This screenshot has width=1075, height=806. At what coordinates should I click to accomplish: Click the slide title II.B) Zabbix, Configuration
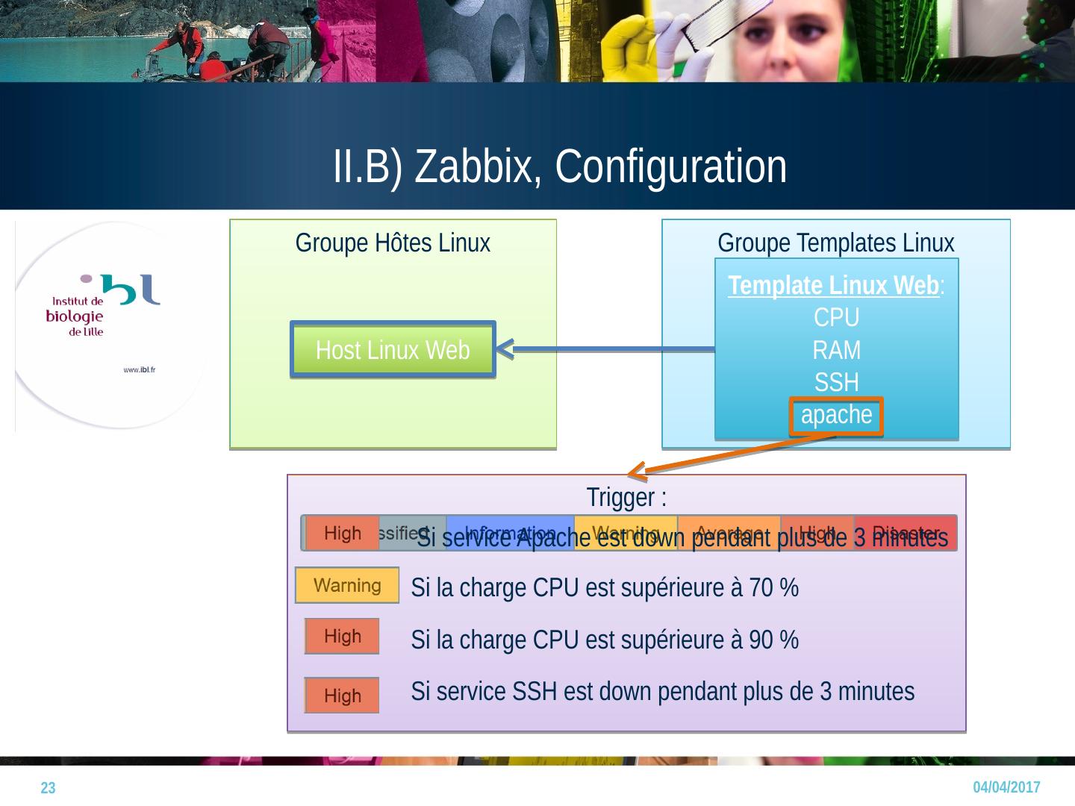(559, 166)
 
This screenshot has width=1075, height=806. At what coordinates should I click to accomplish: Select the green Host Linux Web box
(393, 349)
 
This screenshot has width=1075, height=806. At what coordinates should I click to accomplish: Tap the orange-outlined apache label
(836, 415)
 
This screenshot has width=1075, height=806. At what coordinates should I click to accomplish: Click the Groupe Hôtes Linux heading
(393, 243)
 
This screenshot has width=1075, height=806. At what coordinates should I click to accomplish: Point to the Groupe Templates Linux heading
(835, 243)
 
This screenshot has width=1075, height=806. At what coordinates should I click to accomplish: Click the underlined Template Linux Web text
(833, 286)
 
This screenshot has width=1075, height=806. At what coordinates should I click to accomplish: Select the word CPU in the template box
(836, 318)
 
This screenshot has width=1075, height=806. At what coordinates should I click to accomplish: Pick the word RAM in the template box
(836, 350)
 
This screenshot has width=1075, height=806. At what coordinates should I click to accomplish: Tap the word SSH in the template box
(836, 382)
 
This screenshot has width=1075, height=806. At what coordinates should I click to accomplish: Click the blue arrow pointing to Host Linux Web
(605, 349)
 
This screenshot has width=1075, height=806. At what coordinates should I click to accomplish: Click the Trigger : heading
(626, 496)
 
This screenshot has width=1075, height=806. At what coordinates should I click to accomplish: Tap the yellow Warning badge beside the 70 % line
(347, 586)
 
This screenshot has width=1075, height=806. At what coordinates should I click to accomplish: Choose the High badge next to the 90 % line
(342, 637)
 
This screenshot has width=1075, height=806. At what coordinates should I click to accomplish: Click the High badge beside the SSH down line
(342, 696)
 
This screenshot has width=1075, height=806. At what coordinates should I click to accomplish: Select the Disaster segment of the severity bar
(905, 533)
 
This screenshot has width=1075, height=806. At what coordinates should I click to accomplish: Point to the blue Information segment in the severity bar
(510, 533)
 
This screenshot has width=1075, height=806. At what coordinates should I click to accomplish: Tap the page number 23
(48, 788)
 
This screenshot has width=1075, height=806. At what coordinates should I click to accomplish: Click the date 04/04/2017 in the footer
(1006, 787)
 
